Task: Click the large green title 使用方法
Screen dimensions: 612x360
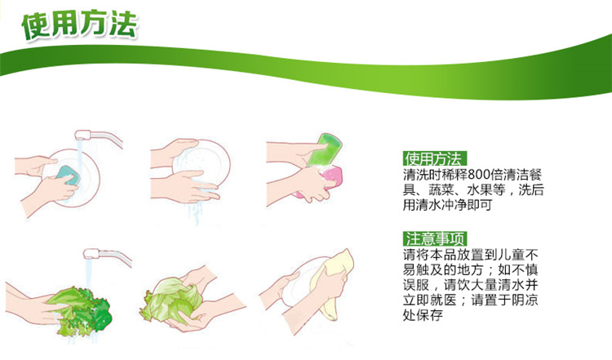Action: pyautogui.click(x=80, y=25)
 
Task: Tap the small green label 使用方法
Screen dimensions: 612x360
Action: pyautogui.click(x=434, y=159)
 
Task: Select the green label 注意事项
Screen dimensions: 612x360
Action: pyautogui.click(x=435, y=238)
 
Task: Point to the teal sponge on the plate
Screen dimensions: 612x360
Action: pyautogui.click(x=68, y=175)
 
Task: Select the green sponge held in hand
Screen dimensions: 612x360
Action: pyautogui.click(x=325, y=150)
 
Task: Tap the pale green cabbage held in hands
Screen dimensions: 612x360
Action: pyautogui.click(x=171, y=299)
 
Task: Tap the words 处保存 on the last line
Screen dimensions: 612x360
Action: pyautogui.click(x=423, y=315)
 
